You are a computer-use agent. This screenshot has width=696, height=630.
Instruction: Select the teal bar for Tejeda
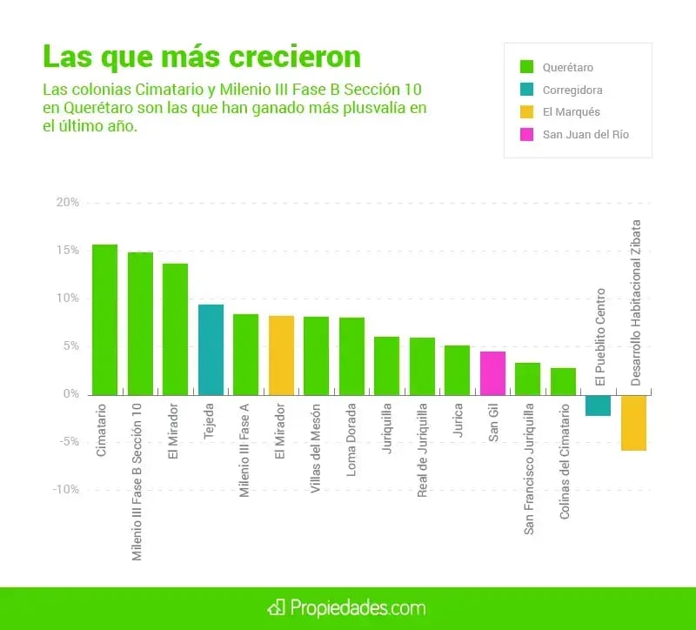pos(211,349)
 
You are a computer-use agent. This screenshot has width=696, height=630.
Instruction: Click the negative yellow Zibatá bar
pos(633,422)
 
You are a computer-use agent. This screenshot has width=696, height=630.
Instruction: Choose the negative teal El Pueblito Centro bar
pos(598,405)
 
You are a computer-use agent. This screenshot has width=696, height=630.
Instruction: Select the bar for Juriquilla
pos(387,365)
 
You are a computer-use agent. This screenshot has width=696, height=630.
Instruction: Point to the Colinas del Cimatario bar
pos(563,381)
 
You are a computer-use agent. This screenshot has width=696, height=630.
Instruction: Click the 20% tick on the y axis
pos(68,203)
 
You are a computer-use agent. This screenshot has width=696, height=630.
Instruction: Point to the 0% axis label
pos(71,394)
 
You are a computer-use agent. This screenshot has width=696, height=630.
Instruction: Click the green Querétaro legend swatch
pos(526,67)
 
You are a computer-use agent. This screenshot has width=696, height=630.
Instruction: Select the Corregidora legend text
pos(572,90)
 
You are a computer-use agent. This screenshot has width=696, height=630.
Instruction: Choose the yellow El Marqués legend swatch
pos(526,112)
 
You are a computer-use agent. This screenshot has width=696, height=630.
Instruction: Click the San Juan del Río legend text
pos(586,135)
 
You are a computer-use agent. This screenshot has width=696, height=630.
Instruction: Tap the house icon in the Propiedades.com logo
pos(278,606)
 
